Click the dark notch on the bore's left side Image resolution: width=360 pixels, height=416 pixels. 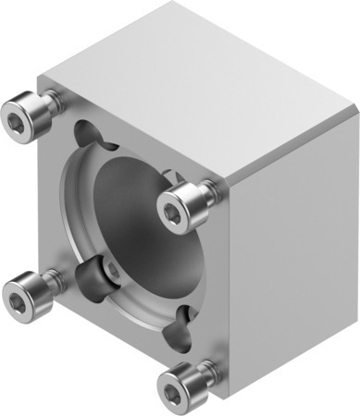click(x=90, y=274)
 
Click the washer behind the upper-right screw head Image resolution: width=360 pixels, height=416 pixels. click(x=213, y=191)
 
